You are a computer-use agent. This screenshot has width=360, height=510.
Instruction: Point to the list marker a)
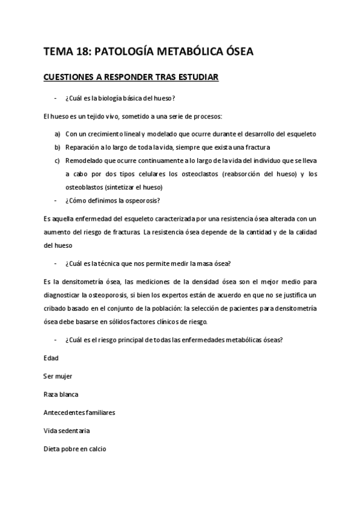coord(57,134)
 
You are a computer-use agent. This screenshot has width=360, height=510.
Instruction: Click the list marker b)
coord(57,147)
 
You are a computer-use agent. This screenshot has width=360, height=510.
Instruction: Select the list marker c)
coord(57,161)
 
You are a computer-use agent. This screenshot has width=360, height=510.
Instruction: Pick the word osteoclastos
coord(200,174)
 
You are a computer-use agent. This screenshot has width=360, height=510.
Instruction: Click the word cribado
coord(57,308)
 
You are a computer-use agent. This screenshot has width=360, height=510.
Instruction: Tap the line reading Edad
coord(51,358)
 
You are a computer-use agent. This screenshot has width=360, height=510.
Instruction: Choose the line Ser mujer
coord(58,376)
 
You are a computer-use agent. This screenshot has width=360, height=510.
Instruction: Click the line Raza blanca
coord(61,395)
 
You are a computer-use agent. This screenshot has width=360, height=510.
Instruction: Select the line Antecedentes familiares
coord(79,413)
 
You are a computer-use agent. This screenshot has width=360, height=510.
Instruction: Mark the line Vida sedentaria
coord(67,431)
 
